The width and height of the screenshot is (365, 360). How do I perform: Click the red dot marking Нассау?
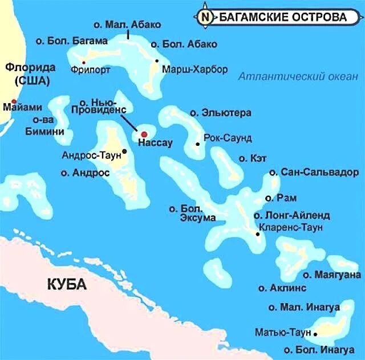144,134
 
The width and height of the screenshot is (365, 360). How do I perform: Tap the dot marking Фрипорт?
84,62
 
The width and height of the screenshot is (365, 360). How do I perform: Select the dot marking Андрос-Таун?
124,151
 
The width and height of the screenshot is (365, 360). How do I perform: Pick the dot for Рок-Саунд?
197,144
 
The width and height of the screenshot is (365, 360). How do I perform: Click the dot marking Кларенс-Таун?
258,232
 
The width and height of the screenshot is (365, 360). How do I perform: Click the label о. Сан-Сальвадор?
314,172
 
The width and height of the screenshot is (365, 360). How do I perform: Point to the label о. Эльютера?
221,113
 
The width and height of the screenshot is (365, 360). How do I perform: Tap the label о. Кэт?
249,158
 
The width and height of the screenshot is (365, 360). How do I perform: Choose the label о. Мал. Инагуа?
299,308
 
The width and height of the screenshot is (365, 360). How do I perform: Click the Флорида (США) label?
27,73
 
